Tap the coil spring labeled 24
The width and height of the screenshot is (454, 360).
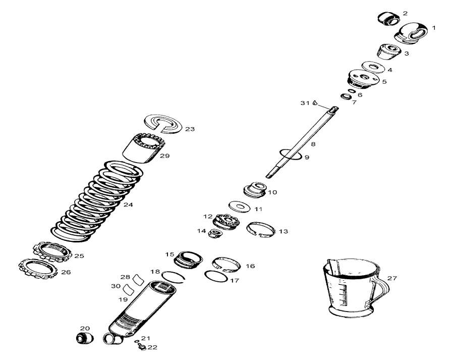[96, 202]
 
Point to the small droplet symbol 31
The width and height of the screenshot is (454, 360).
[314, 103]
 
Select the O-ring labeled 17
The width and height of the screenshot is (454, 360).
[215, 276]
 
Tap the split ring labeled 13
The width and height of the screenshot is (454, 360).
[260, 229]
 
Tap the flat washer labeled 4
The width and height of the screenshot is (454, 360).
[374, 67]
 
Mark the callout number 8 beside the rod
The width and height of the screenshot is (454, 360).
[313, 144]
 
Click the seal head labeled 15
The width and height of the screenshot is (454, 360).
[187, 260]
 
